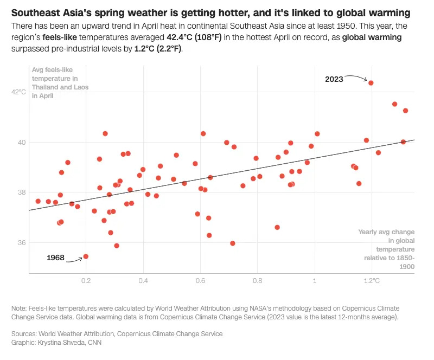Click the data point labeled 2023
click(371, 83)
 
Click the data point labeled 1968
click(86, 256)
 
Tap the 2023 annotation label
click(334, 79)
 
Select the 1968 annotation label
click(56, 258)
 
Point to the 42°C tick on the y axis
click(18, 92)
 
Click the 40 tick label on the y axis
click(21, 142)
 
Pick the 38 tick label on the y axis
click(21, 192)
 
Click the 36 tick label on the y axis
click(21, 242)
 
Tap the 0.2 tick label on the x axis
click(86, 281)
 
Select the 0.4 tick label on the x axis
click(143, 281)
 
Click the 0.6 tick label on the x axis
click(200, 281)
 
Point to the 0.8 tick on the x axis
click(257, 281)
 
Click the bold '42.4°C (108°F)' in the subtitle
click(196, 38)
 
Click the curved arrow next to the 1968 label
click(74, 260)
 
